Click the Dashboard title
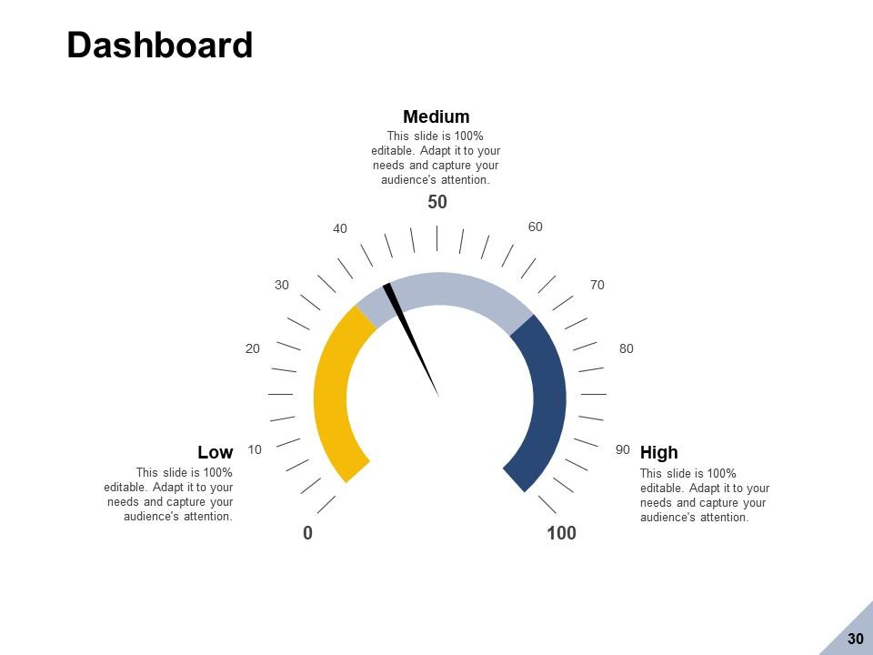point(160,45)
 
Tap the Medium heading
point(436,116)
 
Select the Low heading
point(216,452)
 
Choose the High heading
point(659,452)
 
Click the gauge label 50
point(437,202)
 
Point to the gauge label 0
point(308,533)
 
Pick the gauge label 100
point(561,533)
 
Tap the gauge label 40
point(340,228)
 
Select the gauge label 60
point(536,227)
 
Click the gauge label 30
point(282,285)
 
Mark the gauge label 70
point(597,285)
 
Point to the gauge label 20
point(253,348)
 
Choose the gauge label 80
point(627,348)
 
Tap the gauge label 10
point(255,449)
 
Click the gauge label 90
point(623,449)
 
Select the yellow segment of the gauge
point(331,391)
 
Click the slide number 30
point(855,640)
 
